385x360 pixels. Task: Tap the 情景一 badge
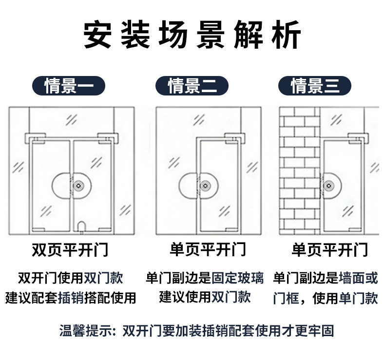point(68,86)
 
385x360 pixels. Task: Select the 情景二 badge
point(192,86)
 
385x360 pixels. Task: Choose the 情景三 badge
point(315,86)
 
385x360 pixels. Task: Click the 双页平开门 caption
point(69,250)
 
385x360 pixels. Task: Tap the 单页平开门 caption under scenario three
point(329,250)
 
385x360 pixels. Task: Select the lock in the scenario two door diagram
point(205,186)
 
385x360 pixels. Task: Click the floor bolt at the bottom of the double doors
point(82,225)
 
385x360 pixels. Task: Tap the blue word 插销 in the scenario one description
point(70,297)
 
